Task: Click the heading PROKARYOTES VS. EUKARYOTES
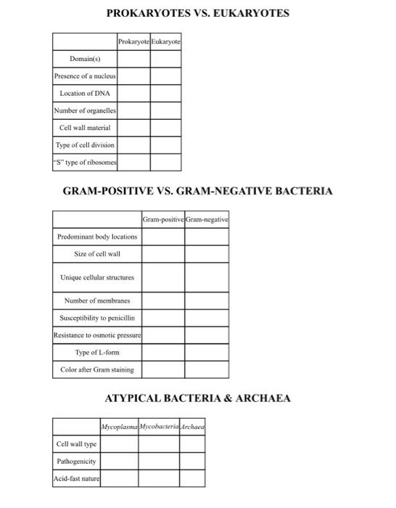click(x=197, y=13)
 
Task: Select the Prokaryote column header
click(x=133, y=42)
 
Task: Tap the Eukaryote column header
click(x=166, y=42)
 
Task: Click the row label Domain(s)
click(x=85, y=59)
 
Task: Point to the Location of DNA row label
click(x=85, y=94)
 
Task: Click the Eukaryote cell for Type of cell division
click(x=166, y=145)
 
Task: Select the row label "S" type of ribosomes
click(x=85, y=163)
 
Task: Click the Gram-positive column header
click(x=163, y=219)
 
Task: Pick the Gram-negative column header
click(x=207, y=219)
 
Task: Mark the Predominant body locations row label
click(x=97, y=237)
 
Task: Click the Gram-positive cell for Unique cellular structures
click(x=163, y=277)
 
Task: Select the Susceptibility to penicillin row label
click(x=97, y=318)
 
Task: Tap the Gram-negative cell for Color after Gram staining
click(x=207, y=369)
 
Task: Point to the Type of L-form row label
click(x=97, y=353)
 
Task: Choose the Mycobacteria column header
click(x=159, y=427)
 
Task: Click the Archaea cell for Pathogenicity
click(x=192, y=461)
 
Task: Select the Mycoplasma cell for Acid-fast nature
click(x=119, y=478)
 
